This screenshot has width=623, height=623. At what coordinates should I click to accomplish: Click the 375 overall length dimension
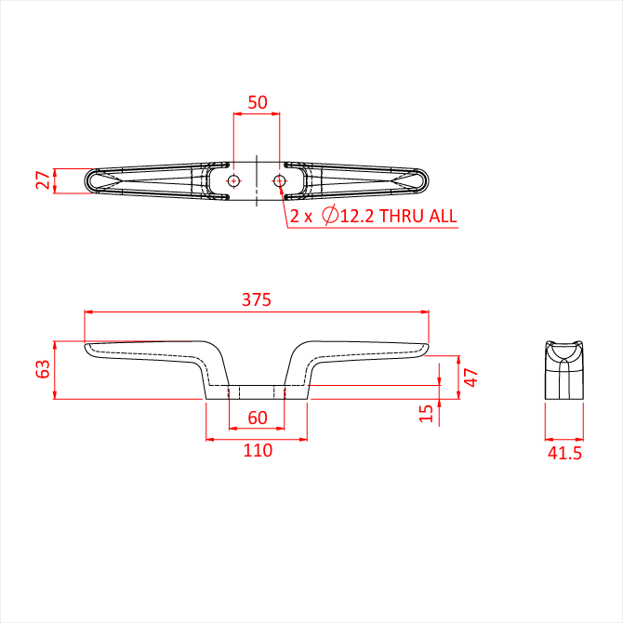pos(257,299)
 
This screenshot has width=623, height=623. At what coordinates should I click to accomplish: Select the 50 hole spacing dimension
pos(258,102)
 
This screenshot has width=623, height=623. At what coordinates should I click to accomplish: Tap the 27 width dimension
pos(43,180)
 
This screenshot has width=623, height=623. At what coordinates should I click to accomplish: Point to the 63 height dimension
pos(43,369)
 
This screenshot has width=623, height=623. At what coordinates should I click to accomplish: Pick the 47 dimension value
pos(471,378)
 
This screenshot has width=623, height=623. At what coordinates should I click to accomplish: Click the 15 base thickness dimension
pos(426,413)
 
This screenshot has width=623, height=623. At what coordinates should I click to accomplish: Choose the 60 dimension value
pos(258,418)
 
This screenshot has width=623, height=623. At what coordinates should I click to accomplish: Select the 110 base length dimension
pos(258,450)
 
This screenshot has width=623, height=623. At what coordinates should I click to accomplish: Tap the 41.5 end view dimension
pos(564,453)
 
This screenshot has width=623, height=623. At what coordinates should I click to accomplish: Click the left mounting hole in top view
pos(233,180)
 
